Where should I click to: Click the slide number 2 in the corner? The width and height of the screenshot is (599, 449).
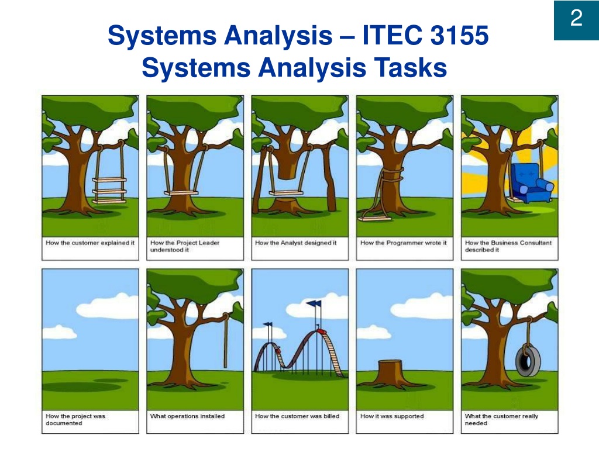point(576,18)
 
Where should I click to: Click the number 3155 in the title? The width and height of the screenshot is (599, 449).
point(459,35)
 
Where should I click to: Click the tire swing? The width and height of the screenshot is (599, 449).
point(528,360)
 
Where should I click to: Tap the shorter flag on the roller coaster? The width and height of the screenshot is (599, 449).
point(268,324)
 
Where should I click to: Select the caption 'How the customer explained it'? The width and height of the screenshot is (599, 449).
point(90,243)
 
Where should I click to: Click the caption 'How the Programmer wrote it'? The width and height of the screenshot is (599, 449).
point(404,243)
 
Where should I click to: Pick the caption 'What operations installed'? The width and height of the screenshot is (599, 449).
point(188,416)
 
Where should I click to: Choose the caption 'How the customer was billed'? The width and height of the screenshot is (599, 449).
point(297,416)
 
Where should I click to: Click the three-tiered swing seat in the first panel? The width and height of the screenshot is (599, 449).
point(109,190)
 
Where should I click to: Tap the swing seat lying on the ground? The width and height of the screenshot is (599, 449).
point(376,219)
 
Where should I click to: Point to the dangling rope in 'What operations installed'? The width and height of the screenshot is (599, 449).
point(225,340)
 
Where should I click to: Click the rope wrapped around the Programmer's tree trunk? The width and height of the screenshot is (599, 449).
point(393,175)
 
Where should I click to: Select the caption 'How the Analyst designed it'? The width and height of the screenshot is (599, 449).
point(295,243)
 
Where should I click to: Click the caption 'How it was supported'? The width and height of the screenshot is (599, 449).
point(392,416)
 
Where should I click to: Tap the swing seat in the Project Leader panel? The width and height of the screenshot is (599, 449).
point(181,193)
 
